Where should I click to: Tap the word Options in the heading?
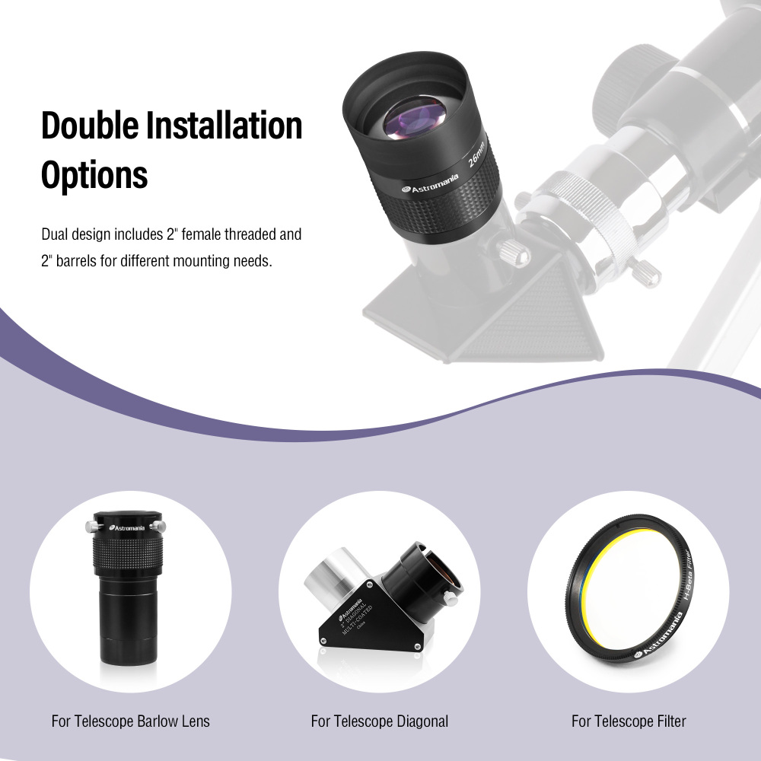(x=94, y=174)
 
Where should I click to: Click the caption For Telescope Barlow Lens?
(x=130, y=721)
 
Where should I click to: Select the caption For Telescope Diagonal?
(x=380, y=721)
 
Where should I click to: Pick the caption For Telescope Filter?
(x=629, y=721)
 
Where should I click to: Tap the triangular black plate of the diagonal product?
(x=358, y=616)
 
